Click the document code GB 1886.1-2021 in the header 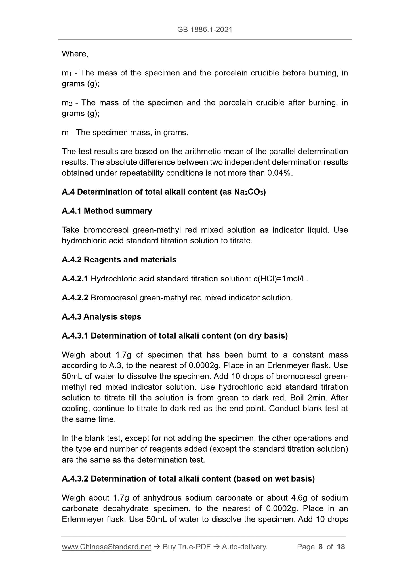tap(205, 30)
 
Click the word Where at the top tap(74, 54)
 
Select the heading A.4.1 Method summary tap(107, 211)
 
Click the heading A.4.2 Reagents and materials tap(119, 260)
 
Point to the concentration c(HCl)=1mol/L tap(280, 279)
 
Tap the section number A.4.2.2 tap(75, 298)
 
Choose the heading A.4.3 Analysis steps tap(101, 317)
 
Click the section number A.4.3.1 tap(75, 336)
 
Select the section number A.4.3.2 tap(75, 479)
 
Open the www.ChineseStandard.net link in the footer tap(106, 547)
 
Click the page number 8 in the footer tap(321, 547)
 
